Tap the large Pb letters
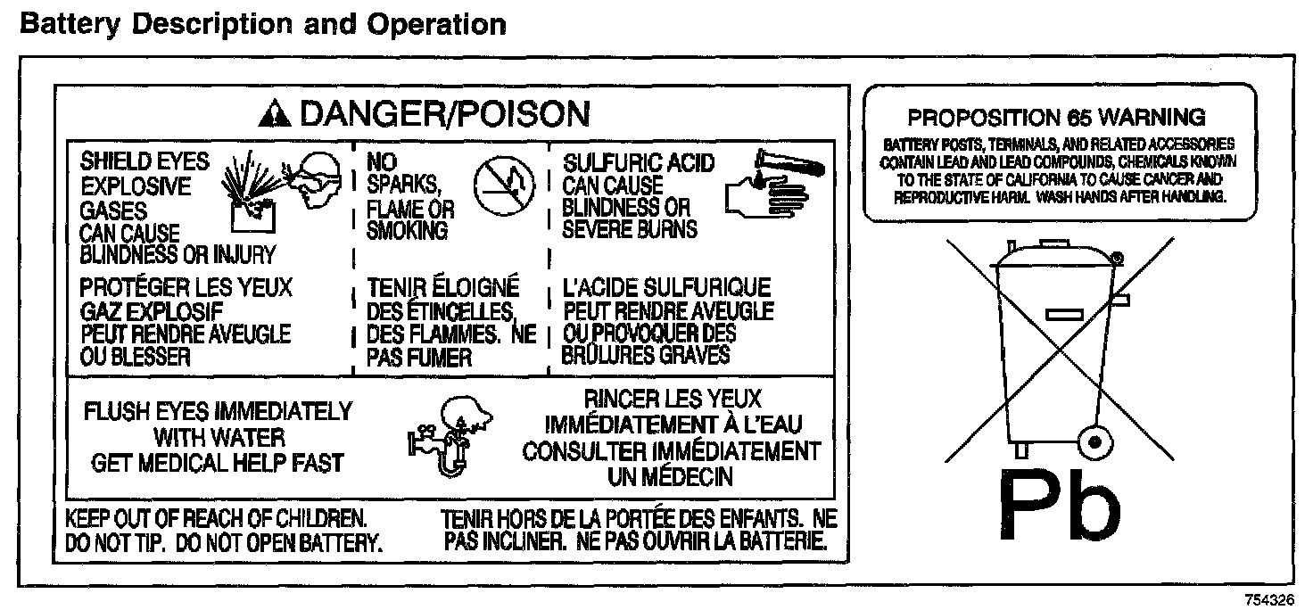1058,504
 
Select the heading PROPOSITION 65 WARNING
1056,117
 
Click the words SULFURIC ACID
639,163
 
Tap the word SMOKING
407,230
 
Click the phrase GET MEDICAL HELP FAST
219,463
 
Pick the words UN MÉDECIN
670,476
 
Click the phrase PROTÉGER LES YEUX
186,288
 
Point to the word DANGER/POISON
444,113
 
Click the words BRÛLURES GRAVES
646,355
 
